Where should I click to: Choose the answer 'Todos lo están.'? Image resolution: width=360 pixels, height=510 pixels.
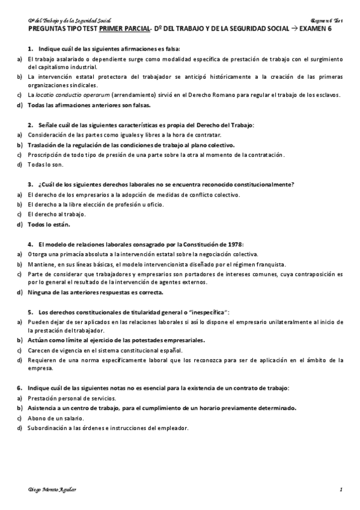(x=49, y=224)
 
